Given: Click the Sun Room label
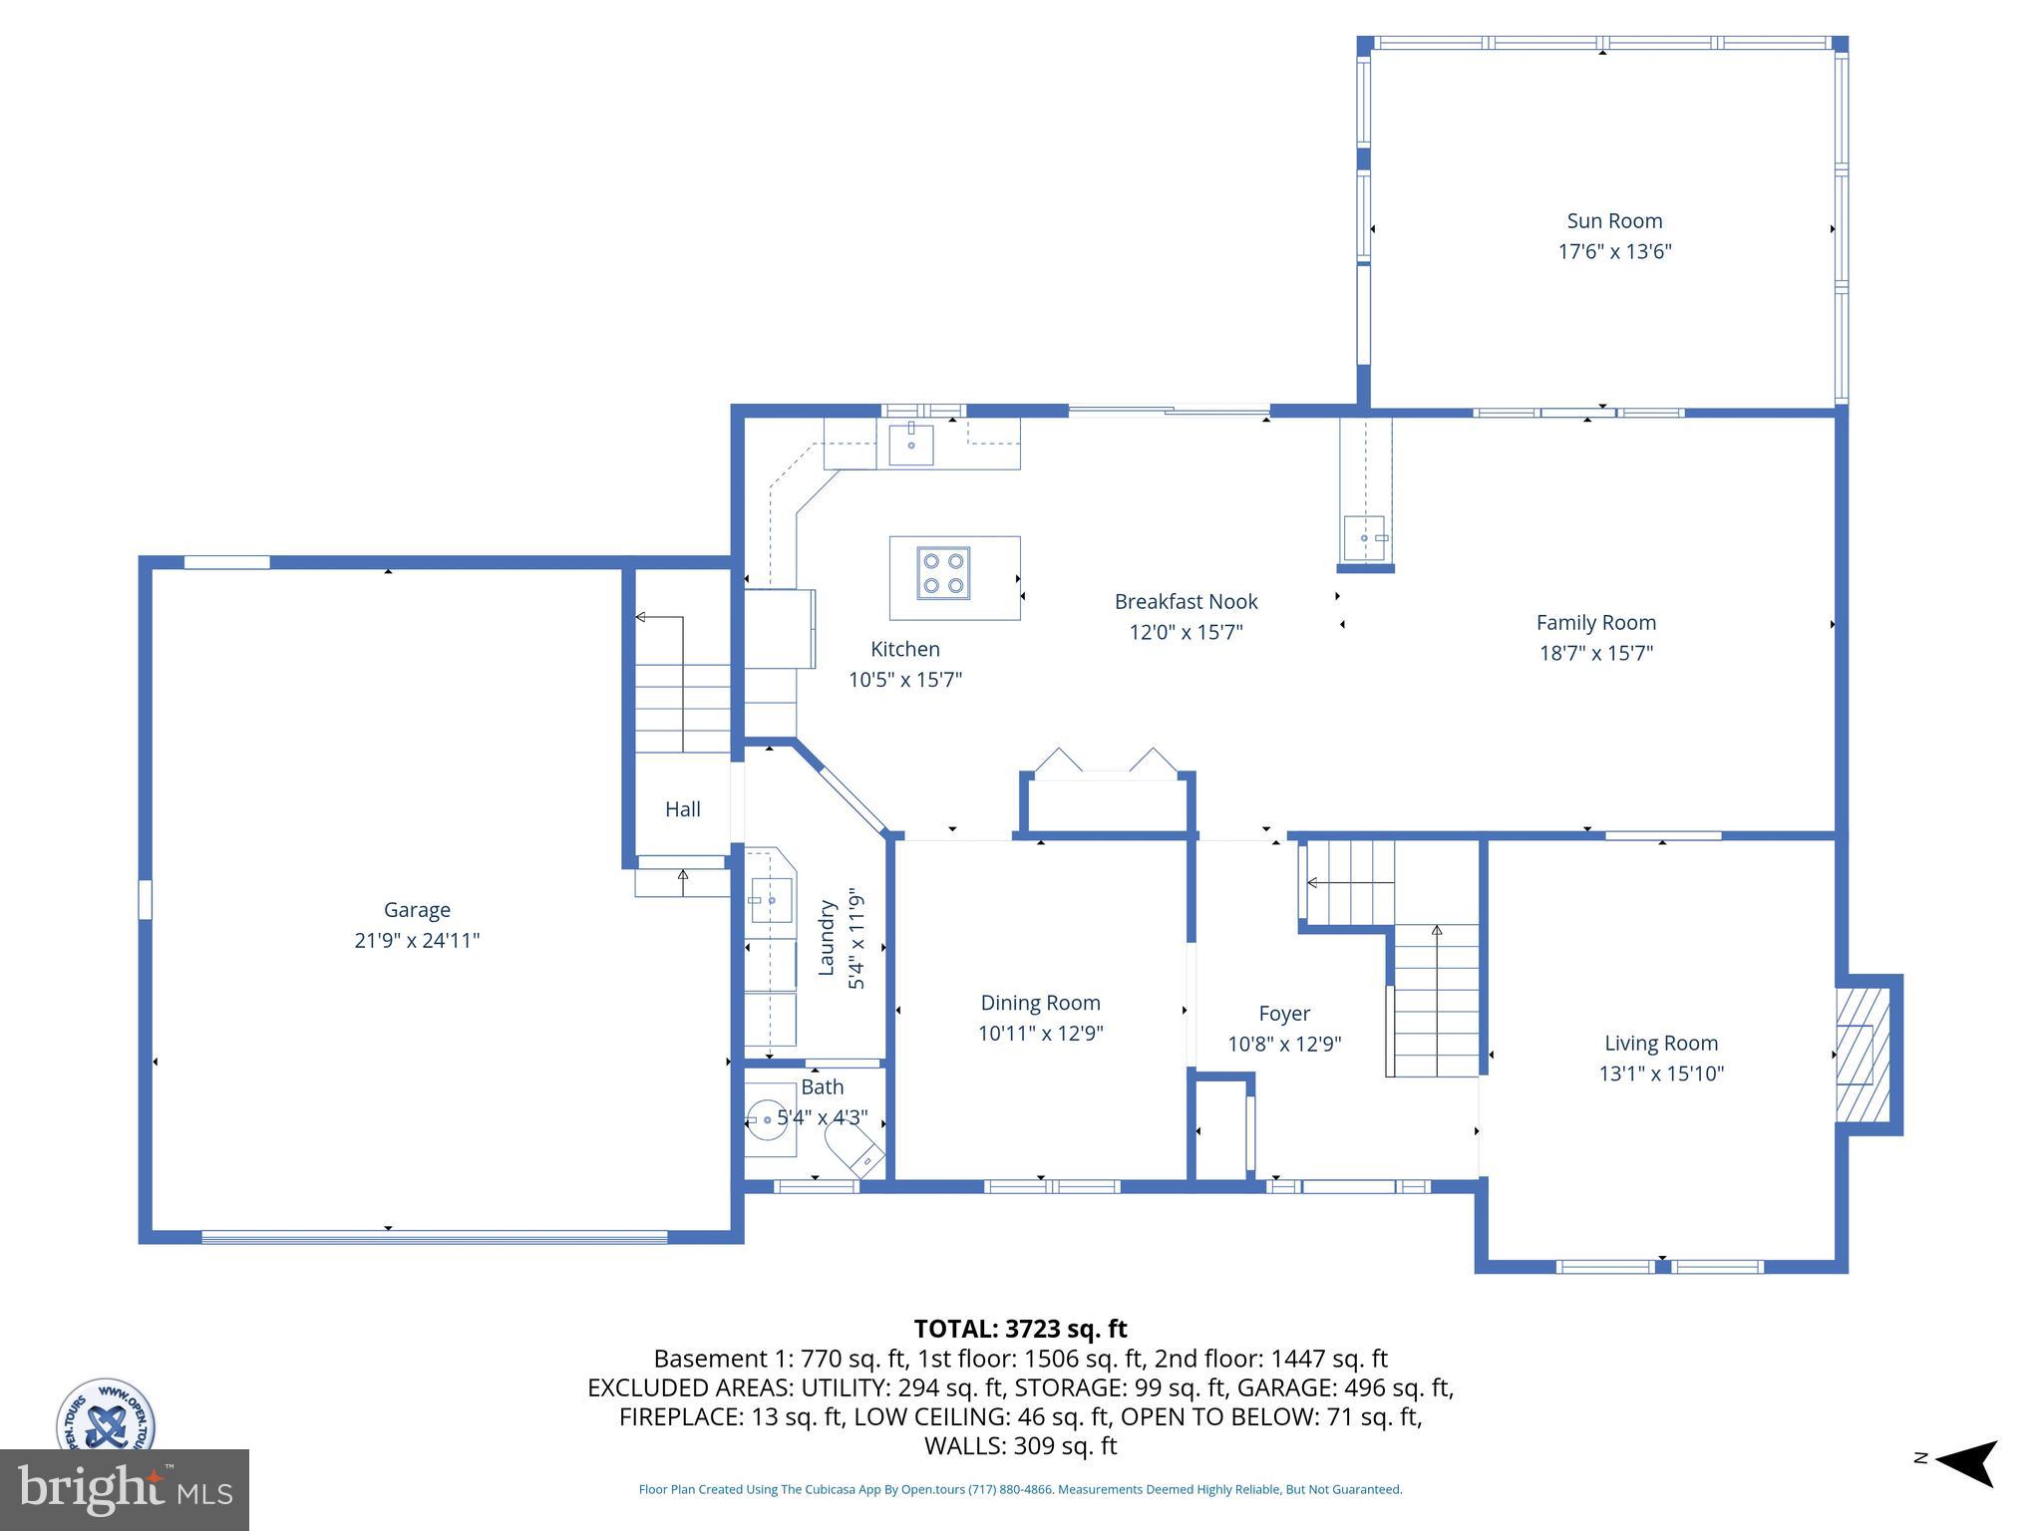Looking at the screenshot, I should pyautogui.click(x=1613, y=221).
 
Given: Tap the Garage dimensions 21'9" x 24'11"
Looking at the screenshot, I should pyautogui.click(x=417, y=940).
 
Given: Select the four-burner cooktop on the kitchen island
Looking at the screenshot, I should pyautogui.click(x=943, y=573).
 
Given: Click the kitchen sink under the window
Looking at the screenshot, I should pyautogui.click(x=910, y=445).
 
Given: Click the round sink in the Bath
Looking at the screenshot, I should pyautogui.click(x=767, y=1120).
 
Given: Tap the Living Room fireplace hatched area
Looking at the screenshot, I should pyautogui.click(x=1863, y=1054).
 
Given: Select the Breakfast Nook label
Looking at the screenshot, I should pyautogui.click(x=1186, y=602).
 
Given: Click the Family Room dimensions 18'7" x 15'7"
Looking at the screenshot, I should pyautogui.click(x=1595, y=654).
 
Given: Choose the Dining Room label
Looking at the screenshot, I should pyautogui.click(x=1040, y=1003).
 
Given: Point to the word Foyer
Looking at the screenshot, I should pyautogui.click(x=1283, y=1014).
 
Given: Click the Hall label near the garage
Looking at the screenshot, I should pyautogui.click(x=683, y=809).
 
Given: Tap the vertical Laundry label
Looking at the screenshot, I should pyautogui.click(x=827, y=937).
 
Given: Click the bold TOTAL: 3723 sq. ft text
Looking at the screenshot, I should pyautogui.click(x=1020, y=1329).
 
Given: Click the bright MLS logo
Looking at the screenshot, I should pyautogui.click(x=124, y=1489).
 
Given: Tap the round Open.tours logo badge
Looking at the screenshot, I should pyautogui.click(x=106, y=1415).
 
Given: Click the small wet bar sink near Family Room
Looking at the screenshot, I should pyautogui.click(x=1363, y=538).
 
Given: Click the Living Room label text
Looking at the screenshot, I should pyautogui.click(x=1660, y=1044).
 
